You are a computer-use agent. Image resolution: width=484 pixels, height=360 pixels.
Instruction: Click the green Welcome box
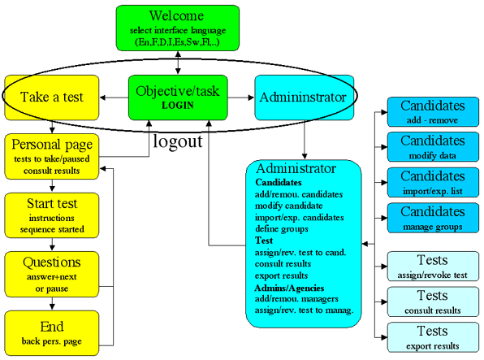click(x=178, y=28)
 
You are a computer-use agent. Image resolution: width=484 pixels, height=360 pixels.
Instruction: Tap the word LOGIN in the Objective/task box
click(x=178, y=106)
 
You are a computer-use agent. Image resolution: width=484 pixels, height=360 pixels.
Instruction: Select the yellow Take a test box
click(x=52, y=98)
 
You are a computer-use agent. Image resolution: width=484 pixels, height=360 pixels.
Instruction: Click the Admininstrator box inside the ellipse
click(x=305, y=98)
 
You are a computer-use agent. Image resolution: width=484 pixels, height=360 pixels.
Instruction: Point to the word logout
click(x=178, y=141)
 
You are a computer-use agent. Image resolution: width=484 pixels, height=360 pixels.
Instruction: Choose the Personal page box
click(x=52, y=156)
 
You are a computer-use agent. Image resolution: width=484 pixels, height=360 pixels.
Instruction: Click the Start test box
click(x=52, y=215)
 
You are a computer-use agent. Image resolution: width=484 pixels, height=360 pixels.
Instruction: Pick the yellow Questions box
click(x=52, y=275)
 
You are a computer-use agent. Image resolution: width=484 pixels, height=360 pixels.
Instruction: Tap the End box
click(x=52, y=333)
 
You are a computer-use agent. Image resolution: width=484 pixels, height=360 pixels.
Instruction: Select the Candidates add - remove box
click(x=433, y=112)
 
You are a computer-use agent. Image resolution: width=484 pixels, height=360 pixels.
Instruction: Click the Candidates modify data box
click(x=433, y=147)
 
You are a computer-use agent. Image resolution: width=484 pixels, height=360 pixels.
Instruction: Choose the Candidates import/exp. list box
click(x=433, y=182)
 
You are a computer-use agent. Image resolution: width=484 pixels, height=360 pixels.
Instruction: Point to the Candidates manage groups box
click(x=433, y=218)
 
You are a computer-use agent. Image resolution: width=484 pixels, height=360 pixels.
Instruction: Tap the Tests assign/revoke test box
click(x=433, y=267)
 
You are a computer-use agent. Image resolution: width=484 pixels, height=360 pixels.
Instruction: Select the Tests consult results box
click(x=433, y=302)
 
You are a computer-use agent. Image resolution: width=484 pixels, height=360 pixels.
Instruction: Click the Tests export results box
click(x=433, y=337)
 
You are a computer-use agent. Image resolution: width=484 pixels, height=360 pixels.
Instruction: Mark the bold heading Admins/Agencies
click(x=289, y=288)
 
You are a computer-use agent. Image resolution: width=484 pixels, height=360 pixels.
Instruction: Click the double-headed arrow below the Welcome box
click(x=178, y=63)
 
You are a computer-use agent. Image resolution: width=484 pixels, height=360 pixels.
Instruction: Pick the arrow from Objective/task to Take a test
click(x=115, y=98)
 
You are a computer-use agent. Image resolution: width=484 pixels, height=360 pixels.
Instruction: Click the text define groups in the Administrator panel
click(x=282, y=229)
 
